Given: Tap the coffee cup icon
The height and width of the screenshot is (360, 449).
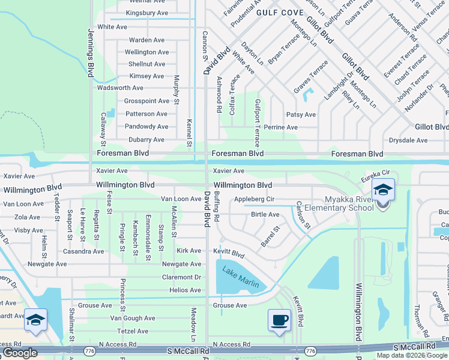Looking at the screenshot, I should pos(279,319).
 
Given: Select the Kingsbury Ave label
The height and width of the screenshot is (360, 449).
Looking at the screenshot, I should pos(147,13).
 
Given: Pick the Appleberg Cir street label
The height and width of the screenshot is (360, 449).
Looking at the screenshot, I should pos(254,199).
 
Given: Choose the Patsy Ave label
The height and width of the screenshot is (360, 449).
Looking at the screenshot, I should pos(301,115).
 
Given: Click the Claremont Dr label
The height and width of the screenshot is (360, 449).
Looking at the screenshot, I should pos(181,277).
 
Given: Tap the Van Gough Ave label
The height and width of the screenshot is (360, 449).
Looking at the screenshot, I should pos(132,318).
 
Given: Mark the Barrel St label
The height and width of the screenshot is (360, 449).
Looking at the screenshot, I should pos(270,236).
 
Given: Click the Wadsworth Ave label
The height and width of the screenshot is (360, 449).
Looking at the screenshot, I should pos(120,88).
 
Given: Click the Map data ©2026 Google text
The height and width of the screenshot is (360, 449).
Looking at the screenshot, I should pos(412,355).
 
